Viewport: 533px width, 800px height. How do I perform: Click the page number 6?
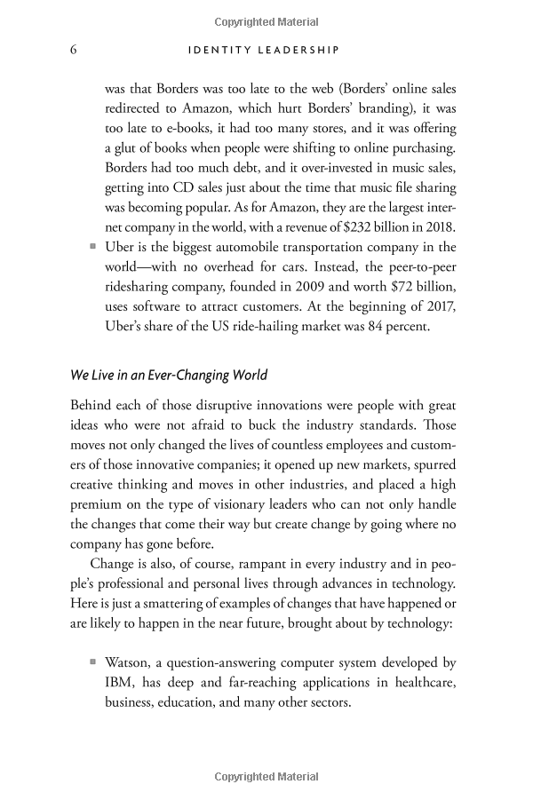tap(74, 51)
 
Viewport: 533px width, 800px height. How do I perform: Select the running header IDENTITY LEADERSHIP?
tap(264, 51)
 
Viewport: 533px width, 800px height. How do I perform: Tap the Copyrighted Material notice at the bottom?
tap(266, 777)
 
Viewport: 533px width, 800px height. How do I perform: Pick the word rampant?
tap(228, 560)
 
